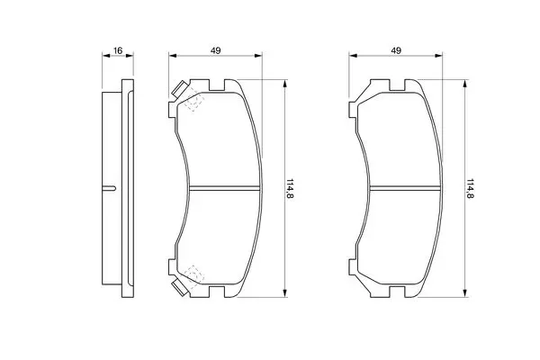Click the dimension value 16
118,50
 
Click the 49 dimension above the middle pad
216,50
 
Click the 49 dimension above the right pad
396,50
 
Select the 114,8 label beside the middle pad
290,188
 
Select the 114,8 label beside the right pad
470,188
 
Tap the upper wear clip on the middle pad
179,88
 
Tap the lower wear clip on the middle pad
179,288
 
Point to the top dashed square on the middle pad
194,102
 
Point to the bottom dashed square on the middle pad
194,274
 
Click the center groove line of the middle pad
224,188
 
